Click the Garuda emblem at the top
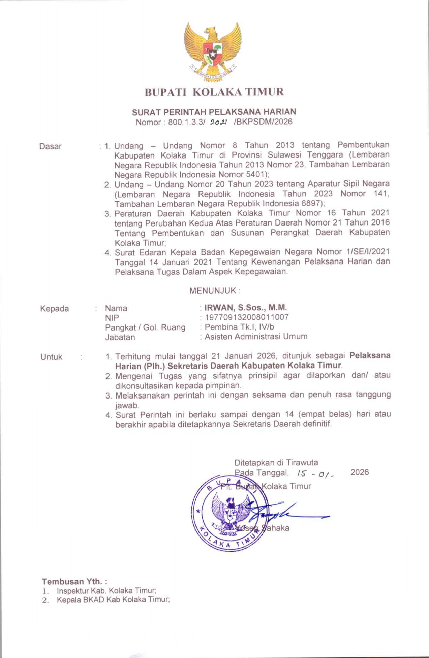pyautogui.click(x=213, y=51)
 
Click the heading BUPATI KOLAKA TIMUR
pyautogui.click(x=214, y=92)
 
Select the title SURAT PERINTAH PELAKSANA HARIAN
pyautogui.click(x=214, y=112)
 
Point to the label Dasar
pyautogui.click(x=51, y=146)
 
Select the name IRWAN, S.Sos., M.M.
pyautogui.click(x=246, y=307)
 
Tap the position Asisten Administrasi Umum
pyautogui.click(x=256, y=337)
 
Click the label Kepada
pyautogui.click(x=54, y=309)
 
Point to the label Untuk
pyautogui.click(x=51, y=357)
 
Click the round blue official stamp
pyautogui.click(x=227, y=513)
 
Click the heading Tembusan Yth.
pyautogui.click(x=74, y=581)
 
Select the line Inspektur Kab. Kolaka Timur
pyautogui.click(x=106, y=590)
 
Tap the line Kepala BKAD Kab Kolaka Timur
pyautogui.click(x=113, y=599)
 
